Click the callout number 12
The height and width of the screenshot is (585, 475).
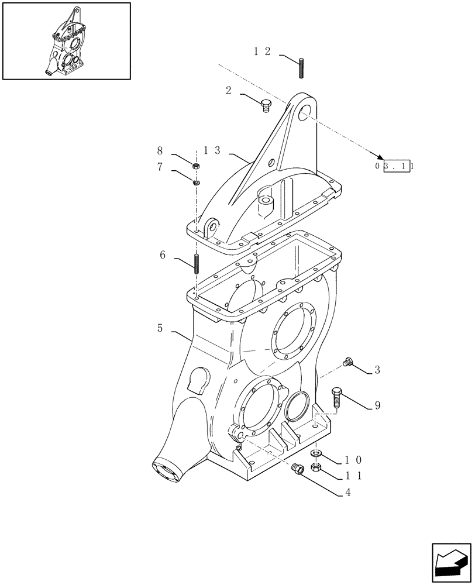click(261, 51)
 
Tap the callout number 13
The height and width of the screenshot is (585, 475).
click(212, 150)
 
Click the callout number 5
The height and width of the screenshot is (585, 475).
click(160, 329)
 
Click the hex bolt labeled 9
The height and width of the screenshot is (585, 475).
click(336, 398)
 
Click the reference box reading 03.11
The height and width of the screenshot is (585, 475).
click(395, 166)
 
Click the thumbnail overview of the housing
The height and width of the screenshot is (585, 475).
click(66, 40)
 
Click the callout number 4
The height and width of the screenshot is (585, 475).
click(347, 493)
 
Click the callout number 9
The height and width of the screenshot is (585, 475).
click(377, 405)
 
